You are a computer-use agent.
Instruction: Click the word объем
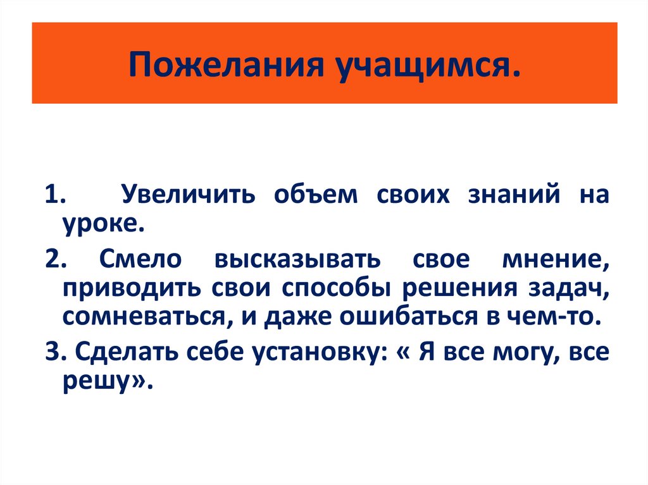pos(315,194)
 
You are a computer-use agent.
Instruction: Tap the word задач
pos(569,287)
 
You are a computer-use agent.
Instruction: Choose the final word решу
pos(101,381)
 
